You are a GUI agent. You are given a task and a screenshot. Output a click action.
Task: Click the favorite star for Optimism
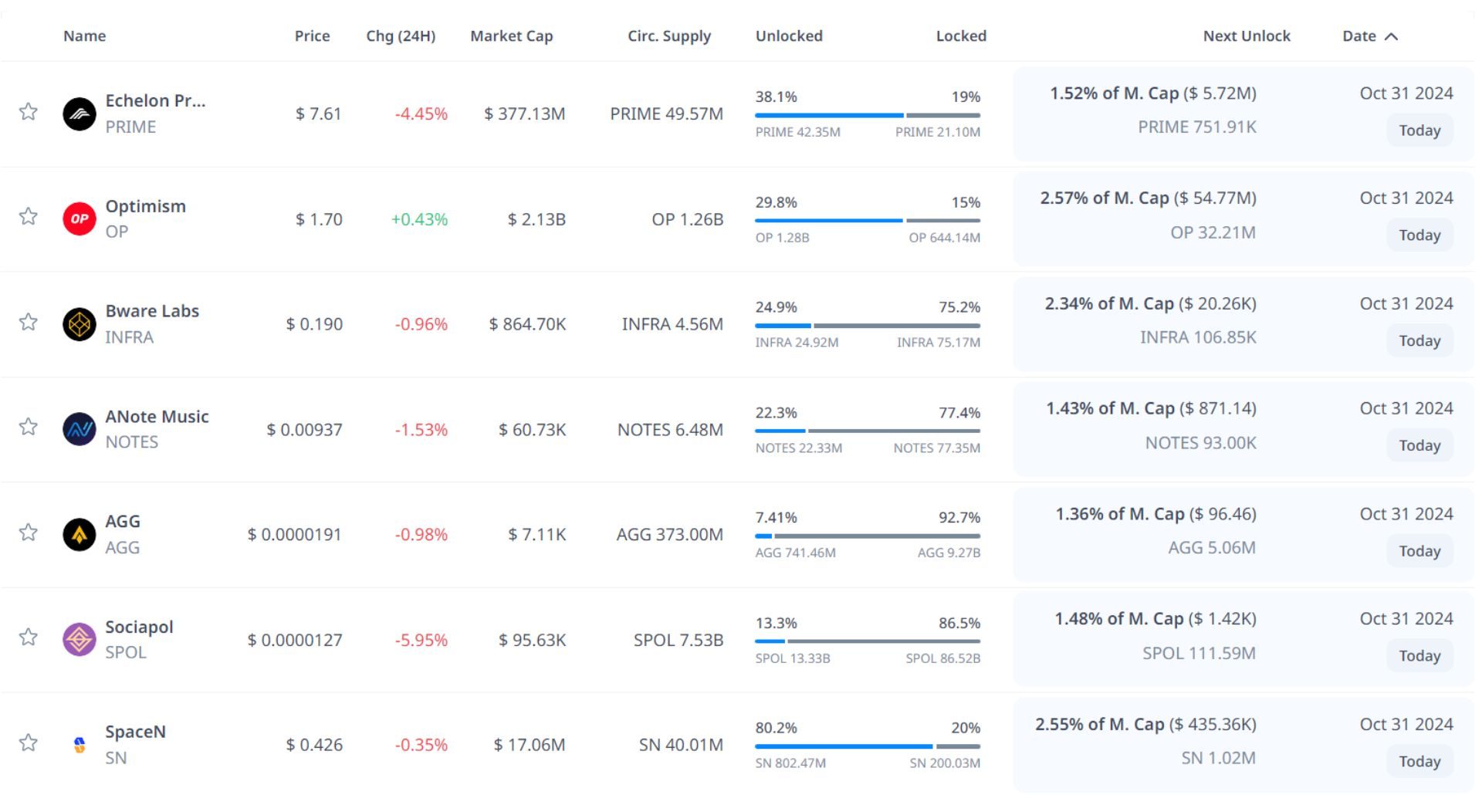tap(29, 216)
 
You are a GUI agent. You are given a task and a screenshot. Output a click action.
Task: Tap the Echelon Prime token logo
tap(79, 114)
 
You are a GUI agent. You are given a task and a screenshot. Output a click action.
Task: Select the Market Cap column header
tap(511, 36)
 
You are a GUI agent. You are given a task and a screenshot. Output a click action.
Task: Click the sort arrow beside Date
tap(1391, 36)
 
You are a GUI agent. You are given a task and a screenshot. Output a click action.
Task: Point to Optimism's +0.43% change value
tap(419, 219)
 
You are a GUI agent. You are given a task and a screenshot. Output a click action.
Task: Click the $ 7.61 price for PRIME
tap(318, 114)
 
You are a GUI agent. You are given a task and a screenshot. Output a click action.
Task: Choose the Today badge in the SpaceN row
tap(1419, 761)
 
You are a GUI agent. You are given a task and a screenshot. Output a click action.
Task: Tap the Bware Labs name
tap(152, 311)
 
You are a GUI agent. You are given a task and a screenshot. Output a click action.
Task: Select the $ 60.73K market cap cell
tap(532, 430)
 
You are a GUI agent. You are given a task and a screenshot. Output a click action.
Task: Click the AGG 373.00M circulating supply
tap(669, 535)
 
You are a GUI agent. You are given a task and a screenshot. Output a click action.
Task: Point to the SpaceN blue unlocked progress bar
tap(843, 746)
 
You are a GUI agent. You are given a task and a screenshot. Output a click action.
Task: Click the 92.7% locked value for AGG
tap(959, 518)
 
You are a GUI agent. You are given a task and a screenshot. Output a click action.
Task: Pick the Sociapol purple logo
tap(79, 640)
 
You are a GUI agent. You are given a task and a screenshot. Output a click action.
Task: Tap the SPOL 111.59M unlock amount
tap(1199, 654)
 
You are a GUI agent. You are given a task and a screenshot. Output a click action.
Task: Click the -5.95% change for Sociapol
tap(421, 641)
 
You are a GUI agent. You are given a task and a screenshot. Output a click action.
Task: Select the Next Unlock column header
tap(1246, 36)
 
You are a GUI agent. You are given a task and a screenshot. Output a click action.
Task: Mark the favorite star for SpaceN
tap(29, 743)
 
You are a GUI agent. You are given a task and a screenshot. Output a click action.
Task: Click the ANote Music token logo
tap(79, 430)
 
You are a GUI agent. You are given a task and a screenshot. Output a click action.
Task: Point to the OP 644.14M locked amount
tap(944, 238)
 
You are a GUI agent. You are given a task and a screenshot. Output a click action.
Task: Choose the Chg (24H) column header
tap(401, 36)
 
